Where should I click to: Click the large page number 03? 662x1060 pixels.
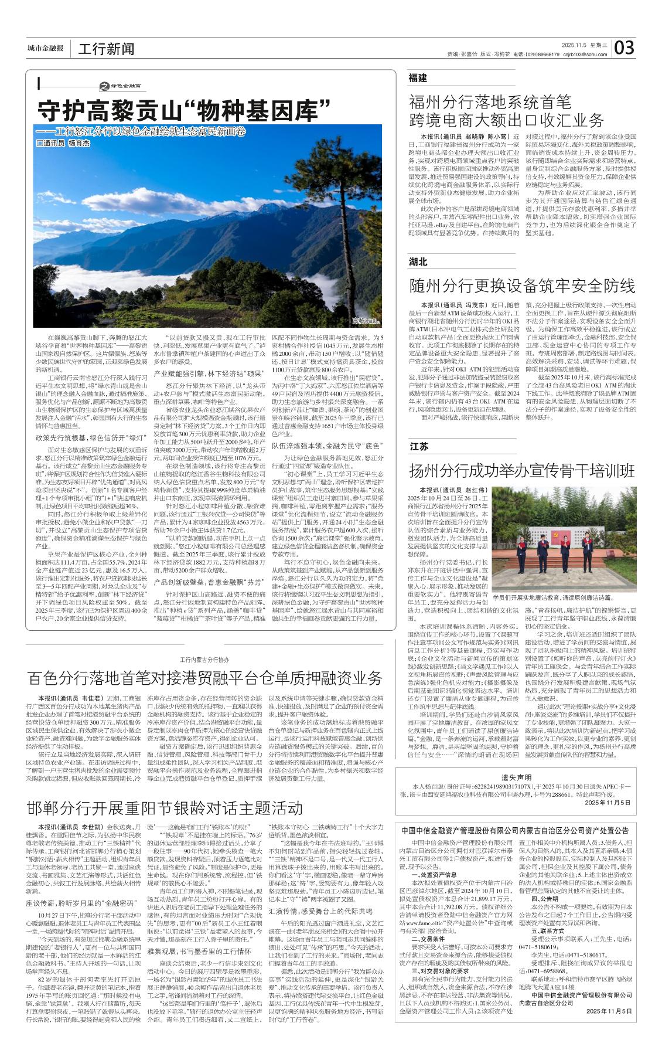tap(624, 47)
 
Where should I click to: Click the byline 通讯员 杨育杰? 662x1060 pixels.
tap(64, 143)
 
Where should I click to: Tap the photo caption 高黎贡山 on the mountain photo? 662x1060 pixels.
tap(366, 321)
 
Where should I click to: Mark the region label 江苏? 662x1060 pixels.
tap(418, 446)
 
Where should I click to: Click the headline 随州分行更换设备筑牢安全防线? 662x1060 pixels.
tap(522, 286)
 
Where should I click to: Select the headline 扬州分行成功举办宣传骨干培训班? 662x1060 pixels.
tap(522, 471)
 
